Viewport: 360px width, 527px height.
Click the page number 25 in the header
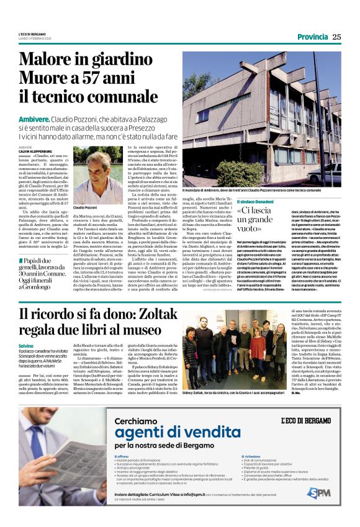tap(336, 37)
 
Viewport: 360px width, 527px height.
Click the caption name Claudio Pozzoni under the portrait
tap(86, 207)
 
